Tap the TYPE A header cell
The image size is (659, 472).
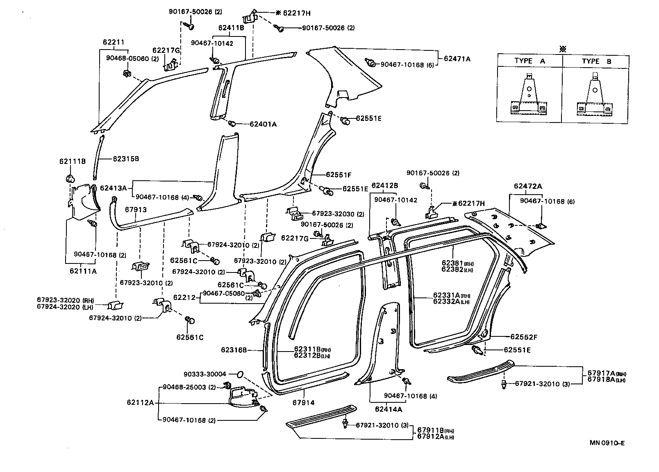529,61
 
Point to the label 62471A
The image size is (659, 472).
457,59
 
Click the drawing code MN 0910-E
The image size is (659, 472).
607,442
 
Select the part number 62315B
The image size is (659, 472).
125,159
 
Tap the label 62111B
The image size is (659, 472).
72,161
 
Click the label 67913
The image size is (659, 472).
136,209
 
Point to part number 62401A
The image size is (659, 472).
263,124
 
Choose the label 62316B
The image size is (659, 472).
234,350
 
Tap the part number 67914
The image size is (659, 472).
303,403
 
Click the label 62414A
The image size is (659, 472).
388,409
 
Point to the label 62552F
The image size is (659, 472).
523,337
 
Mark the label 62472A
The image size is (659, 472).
527,186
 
